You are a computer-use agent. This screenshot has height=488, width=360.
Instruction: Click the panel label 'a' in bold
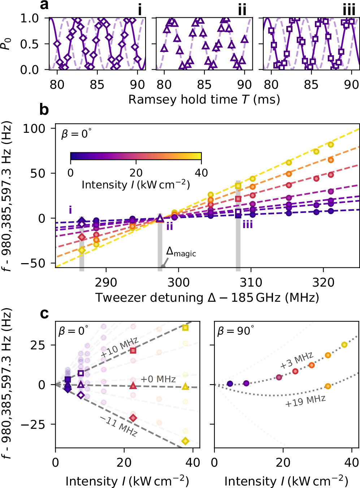click(x=44, y=5)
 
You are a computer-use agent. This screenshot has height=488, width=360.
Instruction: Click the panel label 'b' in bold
click(x=44, y=109)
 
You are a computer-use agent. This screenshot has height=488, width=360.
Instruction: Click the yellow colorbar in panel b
click(x=136, y=156)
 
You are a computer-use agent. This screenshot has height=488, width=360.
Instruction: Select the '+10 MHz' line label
click(x=120, y=347)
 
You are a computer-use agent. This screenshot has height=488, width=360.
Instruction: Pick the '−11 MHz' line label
click(x=118, y=426)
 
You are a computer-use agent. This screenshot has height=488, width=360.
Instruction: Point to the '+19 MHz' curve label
click(x=305, y=401)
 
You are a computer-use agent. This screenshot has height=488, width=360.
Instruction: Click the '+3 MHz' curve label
click(x=297, y=361)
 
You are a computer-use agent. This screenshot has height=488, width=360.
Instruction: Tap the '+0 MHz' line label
click(x=158, y=379)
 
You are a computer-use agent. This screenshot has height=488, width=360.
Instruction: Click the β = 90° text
click(x=235, y=331)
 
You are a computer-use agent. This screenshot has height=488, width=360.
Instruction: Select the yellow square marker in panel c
click(x=185, y=328)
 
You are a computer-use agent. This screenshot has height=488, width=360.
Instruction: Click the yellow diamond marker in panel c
click(x=185, y=441)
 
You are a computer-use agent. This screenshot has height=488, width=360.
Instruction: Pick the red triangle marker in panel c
click(x=133, y=386)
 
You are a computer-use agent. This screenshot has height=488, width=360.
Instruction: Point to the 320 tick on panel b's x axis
click(x=323, y=282)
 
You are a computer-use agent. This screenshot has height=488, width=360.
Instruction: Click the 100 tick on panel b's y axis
click(x=35, y=128)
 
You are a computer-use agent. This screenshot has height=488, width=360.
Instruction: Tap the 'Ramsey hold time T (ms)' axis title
click(x=204, y=99)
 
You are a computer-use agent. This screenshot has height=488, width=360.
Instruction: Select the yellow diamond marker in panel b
click(x=82, y=250)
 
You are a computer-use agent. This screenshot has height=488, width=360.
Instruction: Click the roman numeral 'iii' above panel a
click(x=349, y=10)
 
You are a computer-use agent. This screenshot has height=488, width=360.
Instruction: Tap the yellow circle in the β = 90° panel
click(x=344, y=345)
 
